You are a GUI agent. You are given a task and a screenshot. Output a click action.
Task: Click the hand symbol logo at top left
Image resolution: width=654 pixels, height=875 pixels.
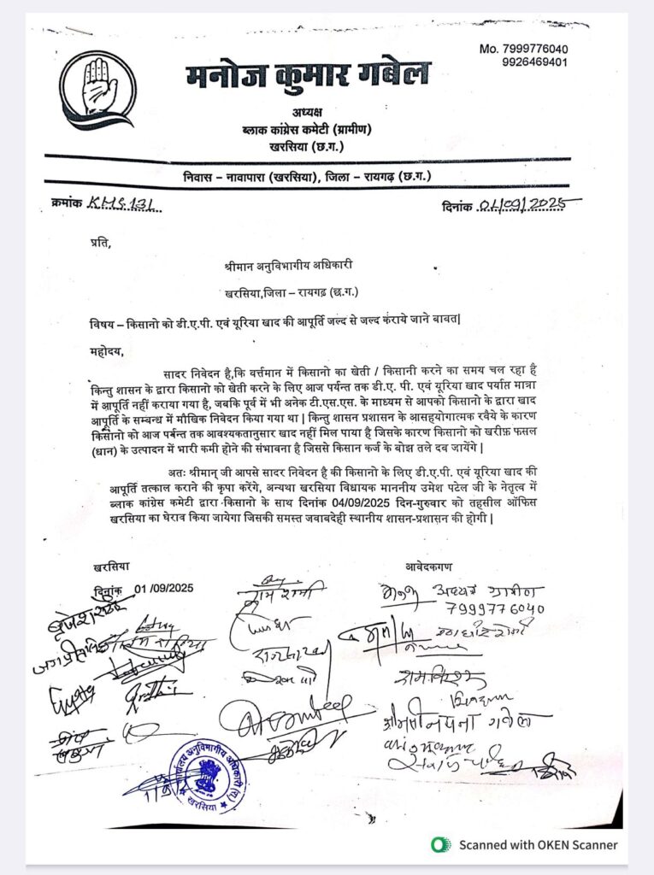[97, 89]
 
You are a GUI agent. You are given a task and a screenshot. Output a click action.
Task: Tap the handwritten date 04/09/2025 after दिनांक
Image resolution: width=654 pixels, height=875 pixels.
[527, 204]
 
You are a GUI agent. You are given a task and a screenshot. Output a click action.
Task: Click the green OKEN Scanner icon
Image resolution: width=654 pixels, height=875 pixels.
[441, 844]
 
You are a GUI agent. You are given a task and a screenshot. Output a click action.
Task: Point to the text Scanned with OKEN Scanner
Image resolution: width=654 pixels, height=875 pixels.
[538, 844]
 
